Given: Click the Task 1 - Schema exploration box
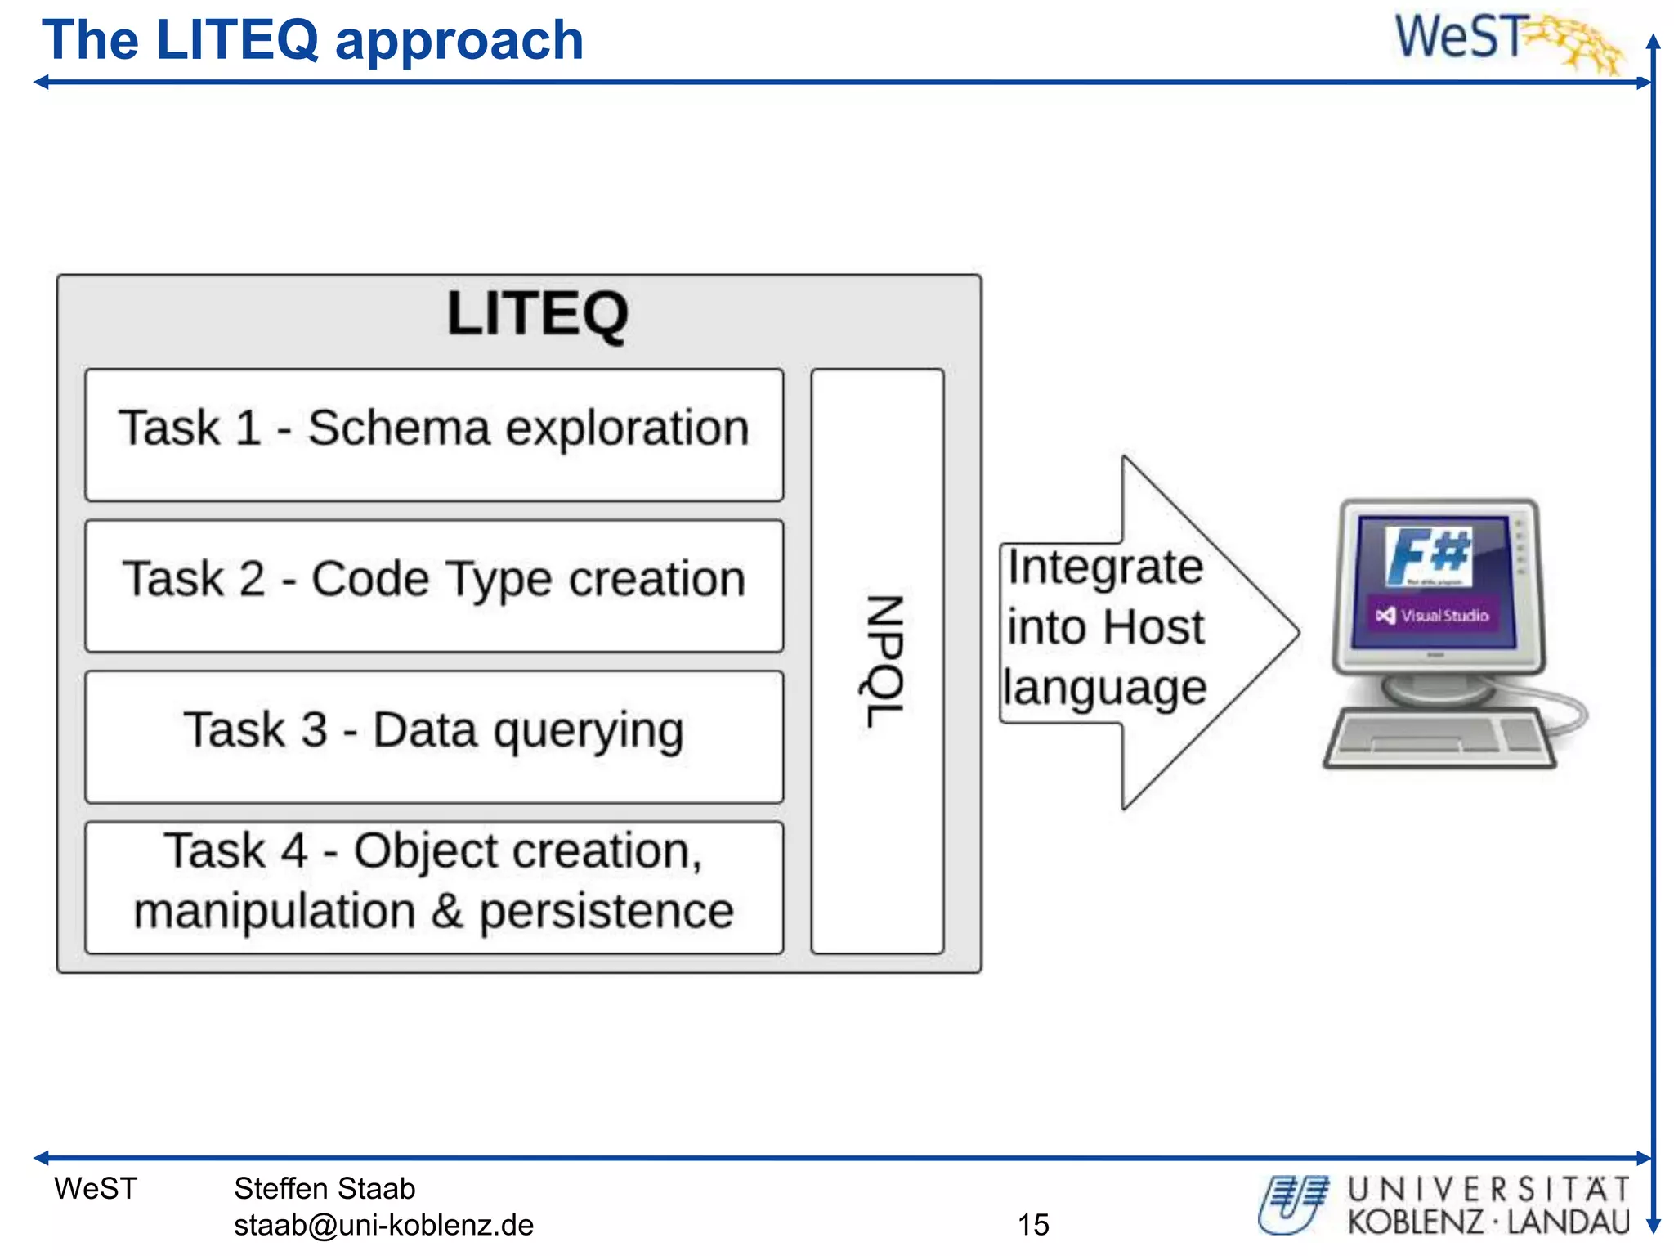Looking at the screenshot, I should (434, 434).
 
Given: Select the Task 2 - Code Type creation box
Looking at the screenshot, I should (434, 585).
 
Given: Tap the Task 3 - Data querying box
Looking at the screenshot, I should (434, 735).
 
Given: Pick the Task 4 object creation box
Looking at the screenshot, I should (434, 886).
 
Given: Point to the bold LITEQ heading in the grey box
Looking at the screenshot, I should (537, 313).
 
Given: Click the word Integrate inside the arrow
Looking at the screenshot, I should (1105, 567).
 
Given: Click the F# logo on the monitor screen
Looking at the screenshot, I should (1427, 555).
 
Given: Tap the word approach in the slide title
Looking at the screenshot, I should (459, 41).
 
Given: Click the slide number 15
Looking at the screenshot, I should (1033, 1224).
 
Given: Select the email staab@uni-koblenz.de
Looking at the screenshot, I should (383, 1225).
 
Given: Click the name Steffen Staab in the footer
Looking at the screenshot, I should (325, 1188).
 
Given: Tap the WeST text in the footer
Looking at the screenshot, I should (96, 1188).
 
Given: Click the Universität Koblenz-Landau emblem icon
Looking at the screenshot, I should (1294, 1204).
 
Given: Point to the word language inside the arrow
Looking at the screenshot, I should (1105, 687).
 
